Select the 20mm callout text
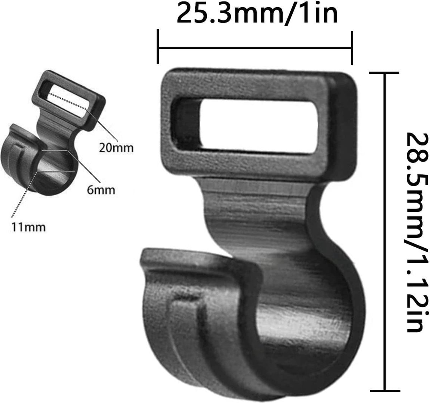pyautogui.click(x=116, y=147)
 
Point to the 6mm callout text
pyautogui.click(x=101, y=189)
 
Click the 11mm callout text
pyautogui.click(x=28, y=227)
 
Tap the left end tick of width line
pyautogui.click(x=158, y=47)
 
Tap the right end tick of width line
pyautogui.click(x=352, y=47)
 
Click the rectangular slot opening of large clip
pyautogui.click(x=251, y=126)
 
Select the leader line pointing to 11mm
pyautogui.click(x=23, y=196)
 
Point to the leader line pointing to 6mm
pyautogui.click(x=88, y=169)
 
